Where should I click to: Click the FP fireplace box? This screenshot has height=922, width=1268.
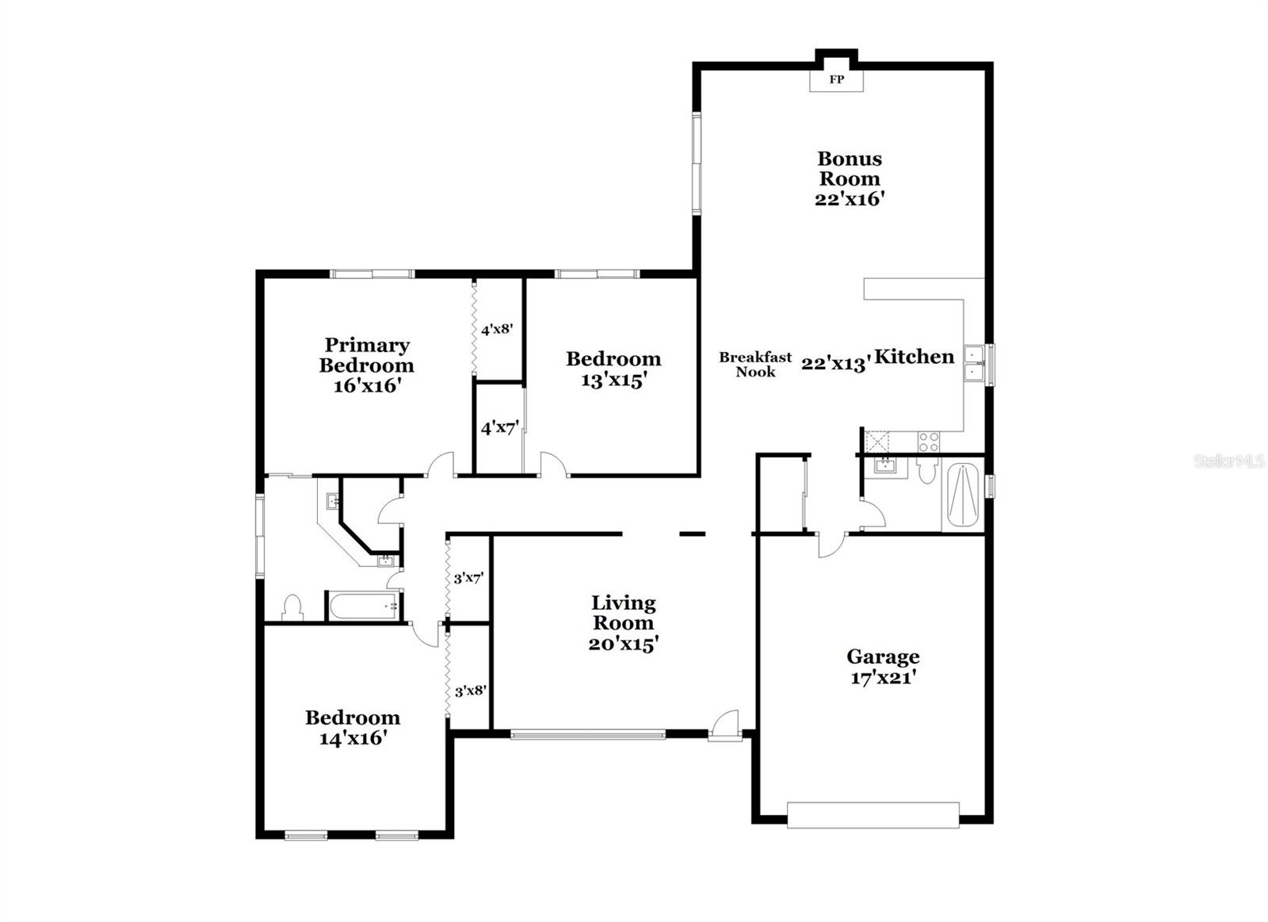[x=836, y=79]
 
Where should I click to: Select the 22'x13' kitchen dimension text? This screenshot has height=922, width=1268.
[x=836, y=363]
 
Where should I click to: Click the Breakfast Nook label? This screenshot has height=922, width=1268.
[x=755, y=364]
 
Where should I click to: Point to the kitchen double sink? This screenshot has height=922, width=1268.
[x=974, y=364]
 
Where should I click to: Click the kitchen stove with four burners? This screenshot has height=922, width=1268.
[x=929, y=442]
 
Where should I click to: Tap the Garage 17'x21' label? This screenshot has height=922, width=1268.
[x=883, y=667]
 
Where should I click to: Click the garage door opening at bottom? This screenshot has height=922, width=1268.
[x=873, y=815]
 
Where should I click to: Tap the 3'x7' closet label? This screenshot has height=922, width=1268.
[x=468, y=579]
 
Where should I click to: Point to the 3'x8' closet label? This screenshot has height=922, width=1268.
[x=470, y=691]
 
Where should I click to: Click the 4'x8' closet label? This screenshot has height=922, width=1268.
[x=498, y=328]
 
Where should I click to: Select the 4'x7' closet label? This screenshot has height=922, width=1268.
[x=499, y=429]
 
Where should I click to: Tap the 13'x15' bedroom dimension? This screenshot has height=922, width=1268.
[x=613, y=381]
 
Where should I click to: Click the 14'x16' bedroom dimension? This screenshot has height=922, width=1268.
[x=353, y=738]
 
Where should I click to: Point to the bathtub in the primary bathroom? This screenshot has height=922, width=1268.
[x=365, y=606]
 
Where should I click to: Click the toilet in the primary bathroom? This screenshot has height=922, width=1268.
[x=292, y=607]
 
